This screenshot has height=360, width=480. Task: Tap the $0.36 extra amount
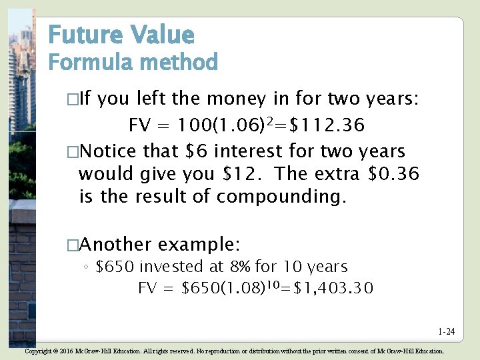(393, 174)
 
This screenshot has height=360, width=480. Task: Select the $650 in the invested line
(116, 267)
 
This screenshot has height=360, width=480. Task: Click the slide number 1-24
(446, 331)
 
